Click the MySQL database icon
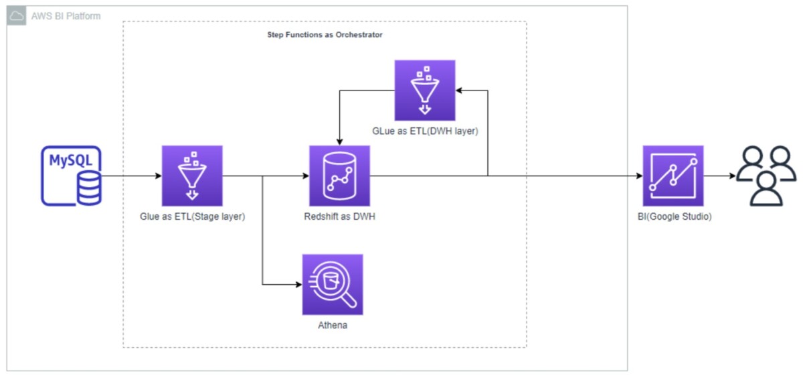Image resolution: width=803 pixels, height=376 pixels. [71, 176]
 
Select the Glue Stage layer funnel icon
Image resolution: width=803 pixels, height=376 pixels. [192, 176]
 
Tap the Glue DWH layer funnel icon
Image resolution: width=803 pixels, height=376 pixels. [424, 90]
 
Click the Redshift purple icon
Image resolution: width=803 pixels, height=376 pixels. [339, 176]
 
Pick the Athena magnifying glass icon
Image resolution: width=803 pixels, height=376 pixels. [332, 284]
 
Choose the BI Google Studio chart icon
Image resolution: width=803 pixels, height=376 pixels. [673, 176]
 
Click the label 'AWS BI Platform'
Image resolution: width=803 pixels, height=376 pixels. [66, 15]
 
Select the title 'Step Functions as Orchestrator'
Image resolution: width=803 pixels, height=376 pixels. [325, 34]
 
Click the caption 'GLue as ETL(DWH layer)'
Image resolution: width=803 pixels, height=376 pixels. [425, 131]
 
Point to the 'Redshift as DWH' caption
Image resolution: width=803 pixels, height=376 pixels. [339, 217]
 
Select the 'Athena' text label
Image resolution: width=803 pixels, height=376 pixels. [332, 326]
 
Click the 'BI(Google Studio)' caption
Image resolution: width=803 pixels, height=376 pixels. [673, 217]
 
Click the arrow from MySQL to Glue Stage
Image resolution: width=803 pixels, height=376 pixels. [131, 176]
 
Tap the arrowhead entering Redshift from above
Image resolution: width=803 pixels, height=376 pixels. [340, 141]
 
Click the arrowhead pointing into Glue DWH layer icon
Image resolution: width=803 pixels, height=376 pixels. [459, 90]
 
